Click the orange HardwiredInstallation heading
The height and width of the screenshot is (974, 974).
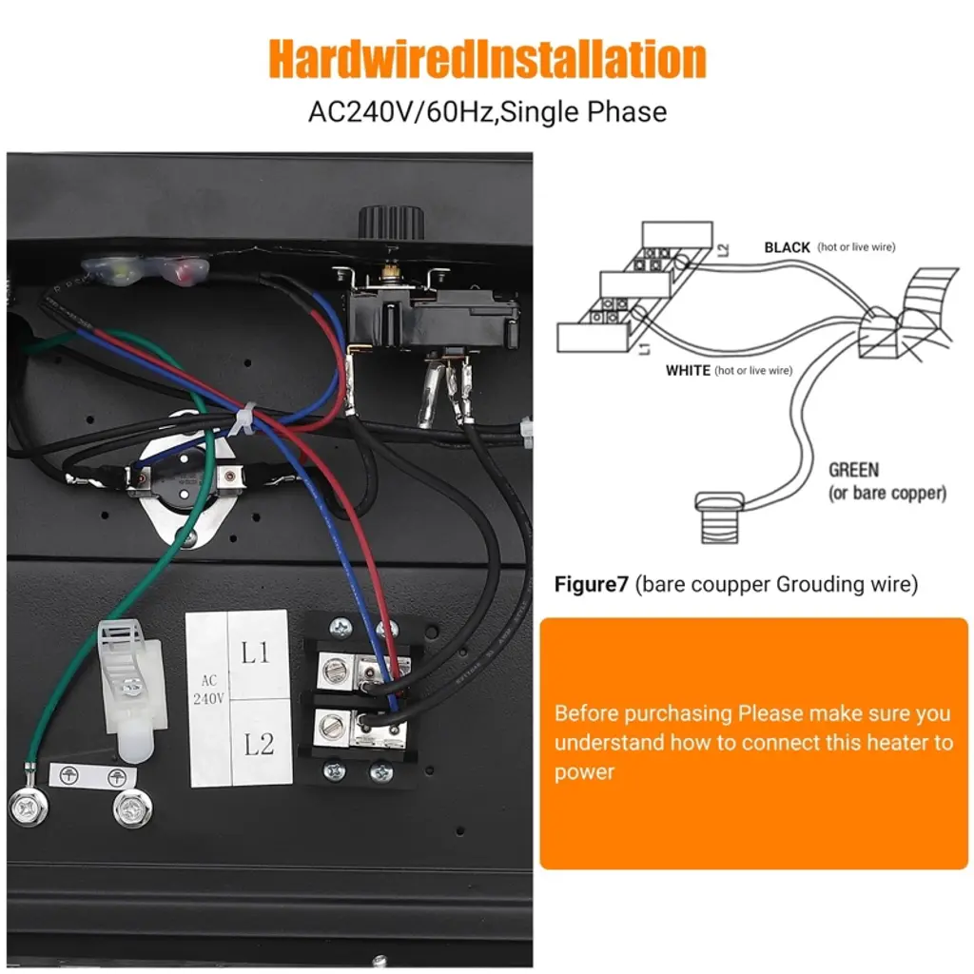pos(488,60)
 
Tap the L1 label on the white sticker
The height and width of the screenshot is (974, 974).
pos(256,653)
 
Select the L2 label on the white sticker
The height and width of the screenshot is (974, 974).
pos(259,744)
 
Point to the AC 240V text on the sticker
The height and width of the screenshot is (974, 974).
pos(208,690)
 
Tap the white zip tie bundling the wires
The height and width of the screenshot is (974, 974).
pos(244,419)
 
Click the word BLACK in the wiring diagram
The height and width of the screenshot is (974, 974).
pos(787,247)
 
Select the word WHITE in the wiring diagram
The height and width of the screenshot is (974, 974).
pos(688,371)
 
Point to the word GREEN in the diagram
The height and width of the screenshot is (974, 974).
pos(853,470)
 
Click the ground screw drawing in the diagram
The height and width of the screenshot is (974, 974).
pos(719,516)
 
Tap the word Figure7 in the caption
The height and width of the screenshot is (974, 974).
pos(591,585)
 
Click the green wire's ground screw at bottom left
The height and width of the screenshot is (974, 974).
pos(28,808)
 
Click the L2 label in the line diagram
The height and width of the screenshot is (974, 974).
pos(723,250)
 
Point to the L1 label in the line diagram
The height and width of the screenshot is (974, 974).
pos(645,349)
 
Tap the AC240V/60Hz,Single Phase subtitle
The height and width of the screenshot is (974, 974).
pos(488,112)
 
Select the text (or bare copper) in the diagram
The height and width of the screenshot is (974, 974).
pos(887,494)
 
